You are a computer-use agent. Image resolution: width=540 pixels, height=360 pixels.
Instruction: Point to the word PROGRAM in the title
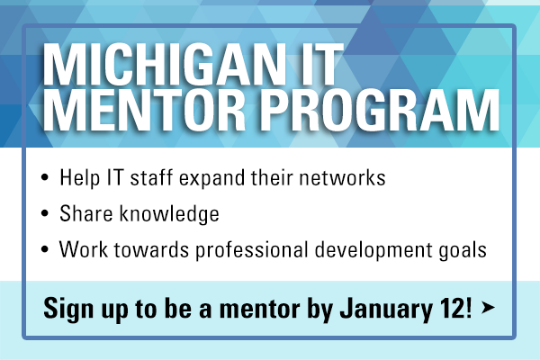(380, 110)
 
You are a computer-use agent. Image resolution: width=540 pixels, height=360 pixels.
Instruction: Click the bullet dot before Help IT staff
(44, 177)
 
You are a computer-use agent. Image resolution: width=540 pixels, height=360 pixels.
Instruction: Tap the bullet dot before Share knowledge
(44, 213)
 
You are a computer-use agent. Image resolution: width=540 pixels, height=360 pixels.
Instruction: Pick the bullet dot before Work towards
(44, 249)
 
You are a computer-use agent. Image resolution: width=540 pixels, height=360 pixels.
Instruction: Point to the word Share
(86, 213)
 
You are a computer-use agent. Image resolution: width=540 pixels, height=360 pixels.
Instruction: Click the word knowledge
(169, 214)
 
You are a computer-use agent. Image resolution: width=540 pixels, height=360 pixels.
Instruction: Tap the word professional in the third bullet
(252, 250)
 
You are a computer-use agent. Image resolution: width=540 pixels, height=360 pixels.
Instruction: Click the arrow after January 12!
(488, 307)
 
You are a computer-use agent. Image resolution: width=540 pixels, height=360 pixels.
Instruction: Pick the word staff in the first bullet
(151, 178)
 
